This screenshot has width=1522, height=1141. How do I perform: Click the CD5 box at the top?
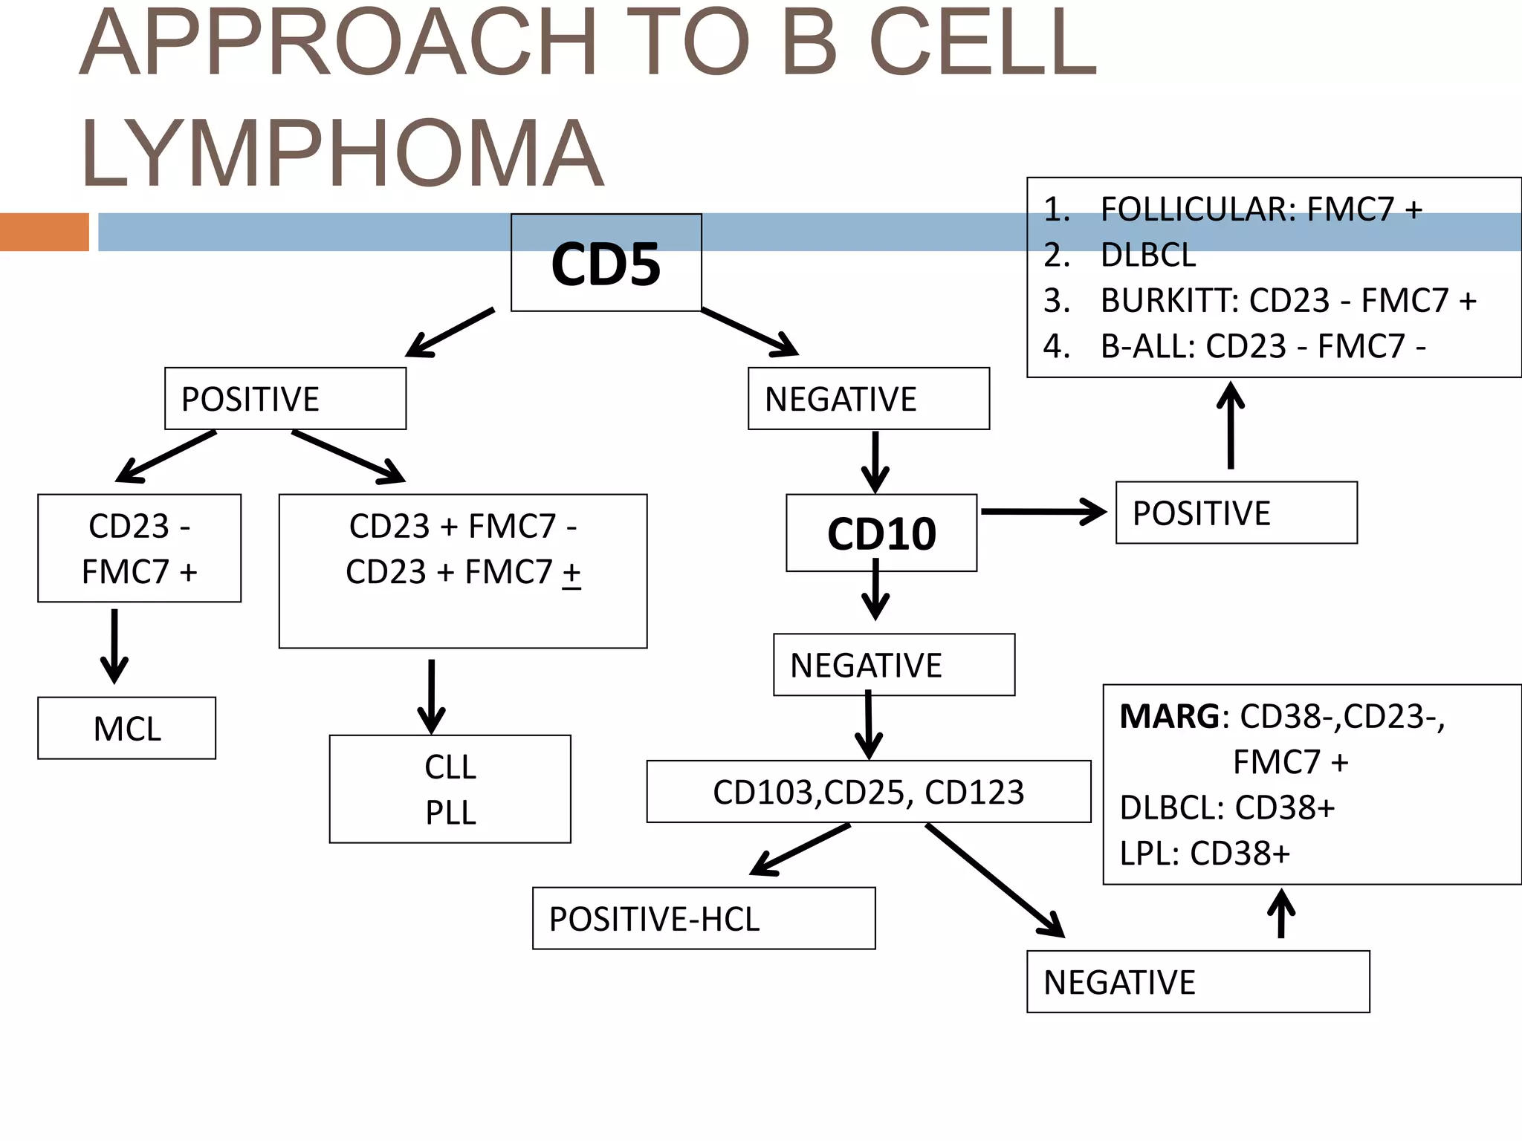pos(606,264)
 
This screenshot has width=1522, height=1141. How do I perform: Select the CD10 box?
pos(881,533)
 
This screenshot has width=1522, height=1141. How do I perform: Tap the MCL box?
pos(127,728)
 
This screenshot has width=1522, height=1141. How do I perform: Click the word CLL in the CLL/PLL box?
pos(450,767)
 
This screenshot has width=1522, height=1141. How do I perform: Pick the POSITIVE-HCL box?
pos(703,919)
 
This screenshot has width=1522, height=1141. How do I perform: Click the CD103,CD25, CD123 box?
pos(868,792)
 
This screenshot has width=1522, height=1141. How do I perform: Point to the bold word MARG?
pos(1169,717)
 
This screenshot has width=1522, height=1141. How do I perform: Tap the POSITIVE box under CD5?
pos(285,399)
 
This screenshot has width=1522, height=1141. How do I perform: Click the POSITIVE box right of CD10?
pos(1236,513)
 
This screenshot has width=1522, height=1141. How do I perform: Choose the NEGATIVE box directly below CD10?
pos(893,665)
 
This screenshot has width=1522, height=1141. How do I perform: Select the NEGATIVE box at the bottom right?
pos(1197,982)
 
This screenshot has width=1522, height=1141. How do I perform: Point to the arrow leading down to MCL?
pos(114,645)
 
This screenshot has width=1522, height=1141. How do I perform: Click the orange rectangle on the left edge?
pos(44,232)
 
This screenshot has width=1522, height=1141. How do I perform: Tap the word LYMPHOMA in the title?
pos(342,155)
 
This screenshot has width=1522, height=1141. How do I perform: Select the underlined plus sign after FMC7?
pos(571,573)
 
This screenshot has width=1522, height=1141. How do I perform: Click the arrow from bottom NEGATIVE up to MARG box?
pos(1280,914)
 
